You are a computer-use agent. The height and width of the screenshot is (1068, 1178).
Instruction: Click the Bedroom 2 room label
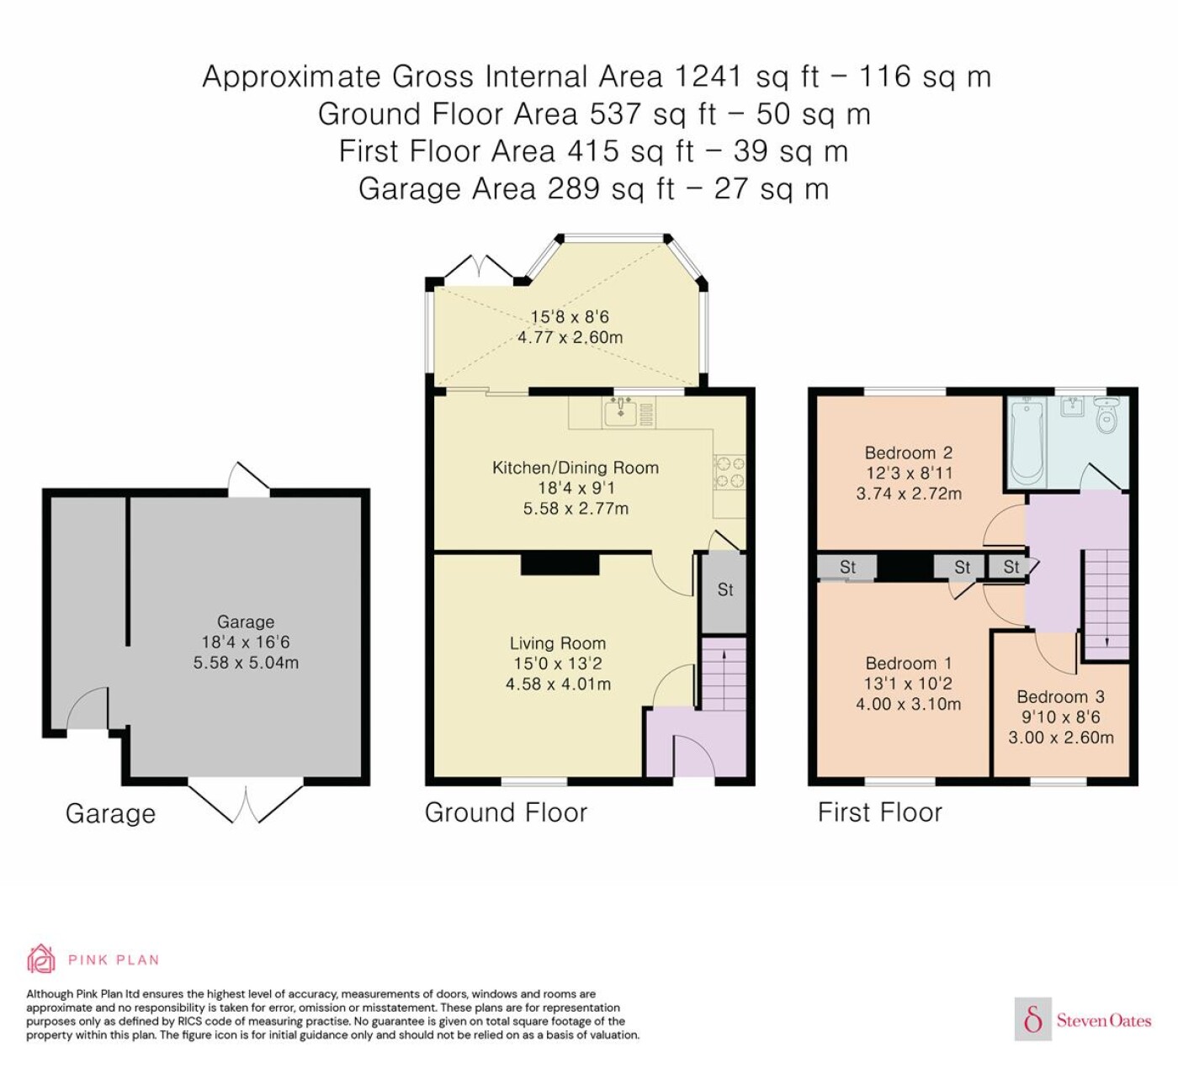tap(909, 452)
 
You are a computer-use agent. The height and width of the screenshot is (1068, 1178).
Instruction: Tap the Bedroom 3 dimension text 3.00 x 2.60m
tap(1060, 738)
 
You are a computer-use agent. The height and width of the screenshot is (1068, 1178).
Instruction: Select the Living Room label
tap(557, 643)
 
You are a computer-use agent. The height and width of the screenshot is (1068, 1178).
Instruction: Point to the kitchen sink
tap(620, 413)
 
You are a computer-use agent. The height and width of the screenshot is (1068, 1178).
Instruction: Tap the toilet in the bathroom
tap(1106, 415)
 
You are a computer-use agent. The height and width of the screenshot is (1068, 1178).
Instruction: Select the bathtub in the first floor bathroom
tap(1027, 441)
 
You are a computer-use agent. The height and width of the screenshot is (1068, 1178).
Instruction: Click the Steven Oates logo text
tap(1103, 1020)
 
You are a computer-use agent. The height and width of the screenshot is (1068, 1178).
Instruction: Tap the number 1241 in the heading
tap(708, 77)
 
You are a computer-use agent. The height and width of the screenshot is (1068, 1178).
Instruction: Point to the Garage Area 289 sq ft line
tap(594, 189)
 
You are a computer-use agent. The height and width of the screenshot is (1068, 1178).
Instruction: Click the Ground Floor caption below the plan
tap(506, 812)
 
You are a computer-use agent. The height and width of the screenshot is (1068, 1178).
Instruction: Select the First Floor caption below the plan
tap(879, 812)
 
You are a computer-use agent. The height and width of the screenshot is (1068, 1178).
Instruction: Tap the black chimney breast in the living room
tap(560, 563)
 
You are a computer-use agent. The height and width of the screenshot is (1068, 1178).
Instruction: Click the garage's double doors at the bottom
tap(246, 802)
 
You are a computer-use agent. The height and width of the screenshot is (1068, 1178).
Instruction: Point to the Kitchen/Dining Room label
tap(576, 468)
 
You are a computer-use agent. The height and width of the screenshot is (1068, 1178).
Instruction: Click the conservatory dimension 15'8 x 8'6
tap(570, 317)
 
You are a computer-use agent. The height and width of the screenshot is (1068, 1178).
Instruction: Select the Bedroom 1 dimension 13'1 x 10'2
tap(908, 684)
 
